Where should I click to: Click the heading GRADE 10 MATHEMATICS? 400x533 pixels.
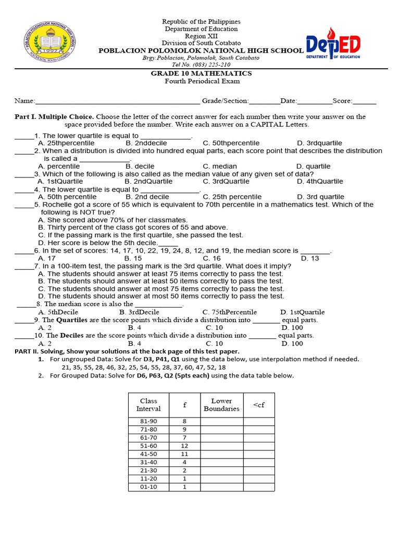(x=201, y=73)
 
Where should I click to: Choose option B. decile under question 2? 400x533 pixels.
(x=140, y=166)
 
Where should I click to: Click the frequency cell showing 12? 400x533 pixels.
(x=184, y=446)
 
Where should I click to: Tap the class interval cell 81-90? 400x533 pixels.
(x=148, y=421)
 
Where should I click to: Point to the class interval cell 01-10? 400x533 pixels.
(x=148, y=487)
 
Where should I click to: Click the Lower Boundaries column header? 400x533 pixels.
(x=221, y=405)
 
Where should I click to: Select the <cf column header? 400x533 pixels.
(x=259, y=405)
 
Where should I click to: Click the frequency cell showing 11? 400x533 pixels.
(x=184, y=454)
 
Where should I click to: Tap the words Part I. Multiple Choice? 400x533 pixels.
(x=54, y=117)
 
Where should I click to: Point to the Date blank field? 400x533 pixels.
(x=314, y=102)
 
